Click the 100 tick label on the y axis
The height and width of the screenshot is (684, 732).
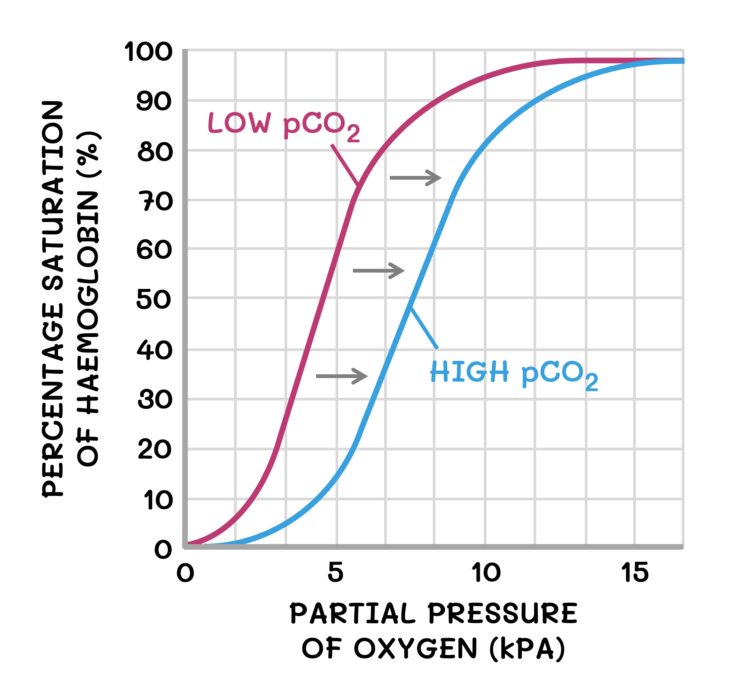[x=148, y=52]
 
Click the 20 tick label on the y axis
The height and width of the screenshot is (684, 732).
[x=155, y=450]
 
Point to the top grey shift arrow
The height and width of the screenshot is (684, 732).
[x=415, y=178]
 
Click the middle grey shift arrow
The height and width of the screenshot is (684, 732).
[x=379, y=271]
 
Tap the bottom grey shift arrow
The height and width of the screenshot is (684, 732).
[x=342, y=376]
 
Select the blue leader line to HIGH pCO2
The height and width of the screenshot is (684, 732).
[x=424, y=328]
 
